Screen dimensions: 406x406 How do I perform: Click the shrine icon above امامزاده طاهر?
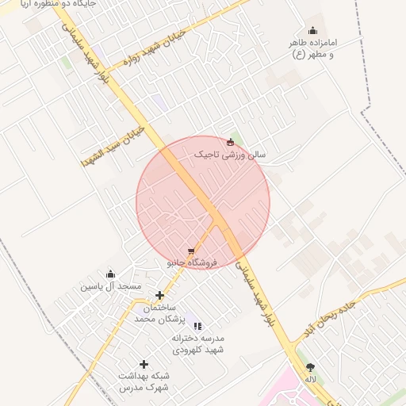(x=312, y=31)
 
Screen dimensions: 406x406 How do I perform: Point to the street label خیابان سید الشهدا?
(x=112, y=144)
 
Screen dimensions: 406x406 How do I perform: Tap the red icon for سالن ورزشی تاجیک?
(x=230, y=143)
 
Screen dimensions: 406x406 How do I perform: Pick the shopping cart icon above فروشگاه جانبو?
(x=190, y=251)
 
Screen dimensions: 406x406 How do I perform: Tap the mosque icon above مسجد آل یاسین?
(x=110, y=274)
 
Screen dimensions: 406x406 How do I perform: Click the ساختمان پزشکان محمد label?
(x=159, y=312)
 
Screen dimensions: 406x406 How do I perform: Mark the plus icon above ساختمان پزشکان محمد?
(x=159, y=296)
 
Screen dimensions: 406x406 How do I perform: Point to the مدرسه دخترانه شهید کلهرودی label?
(x=198, y=343)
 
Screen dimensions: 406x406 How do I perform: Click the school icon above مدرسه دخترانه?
(x=198, y=326)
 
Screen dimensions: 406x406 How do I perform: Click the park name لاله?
(x=310, y=379)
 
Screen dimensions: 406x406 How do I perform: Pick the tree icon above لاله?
(x=310, y=367)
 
